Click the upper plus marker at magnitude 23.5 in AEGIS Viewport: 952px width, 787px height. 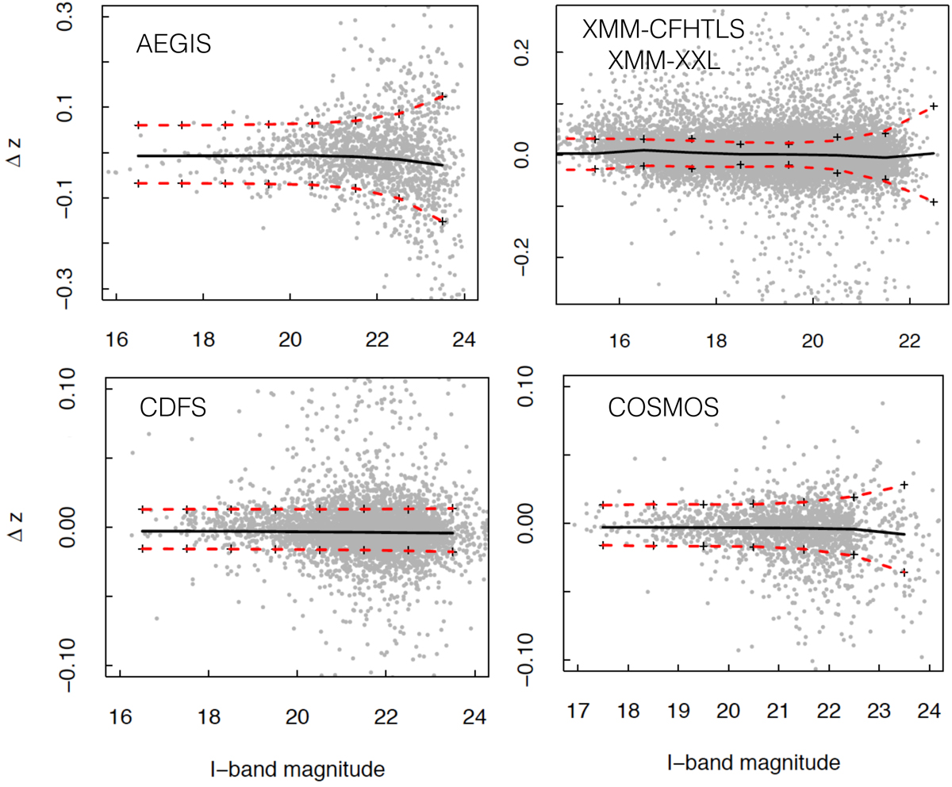click(442, 97)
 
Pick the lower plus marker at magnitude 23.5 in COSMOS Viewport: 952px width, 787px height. click(904, 572)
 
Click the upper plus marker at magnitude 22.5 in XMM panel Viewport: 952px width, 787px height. click(935, 106)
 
